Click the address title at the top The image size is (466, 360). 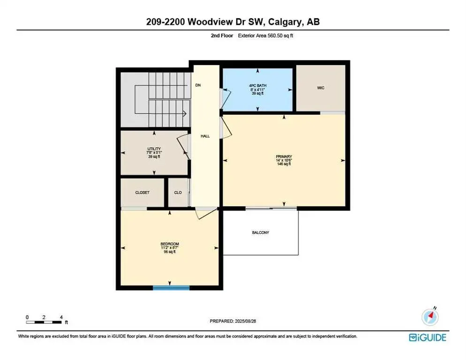[233, 22]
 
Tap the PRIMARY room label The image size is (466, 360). [284, 156]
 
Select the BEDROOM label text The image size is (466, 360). [169, 244]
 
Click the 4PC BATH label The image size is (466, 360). [257, 85]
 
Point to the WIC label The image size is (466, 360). [321, 88]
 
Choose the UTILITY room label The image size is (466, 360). [153, 149]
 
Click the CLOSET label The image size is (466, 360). [142, 193]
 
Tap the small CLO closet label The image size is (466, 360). [178, 193]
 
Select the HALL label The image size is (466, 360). [205, 136]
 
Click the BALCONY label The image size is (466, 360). [260, 232]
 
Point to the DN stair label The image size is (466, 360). [198, 86]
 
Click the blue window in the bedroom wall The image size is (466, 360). [171, 287]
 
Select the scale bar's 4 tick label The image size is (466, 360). [61, 317]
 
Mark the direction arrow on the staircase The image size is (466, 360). [184, 113]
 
